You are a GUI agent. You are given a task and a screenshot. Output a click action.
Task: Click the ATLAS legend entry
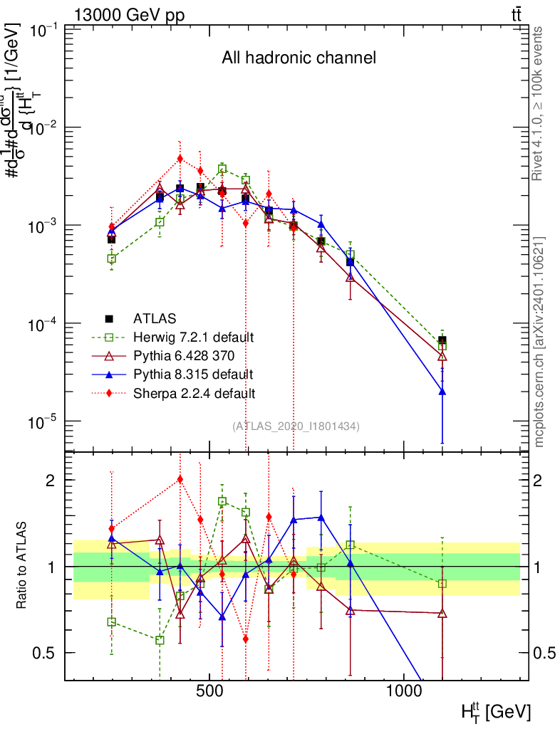click(153, 318)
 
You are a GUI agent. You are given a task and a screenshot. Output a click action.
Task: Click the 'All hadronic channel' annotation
click(299, 58)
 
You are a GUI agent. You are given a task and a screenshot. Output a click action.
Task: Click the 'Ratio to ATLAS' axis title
click(23, 566)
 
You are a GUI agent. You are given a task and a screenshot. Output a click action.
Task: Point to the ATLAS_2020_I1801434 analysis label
click(296, 426)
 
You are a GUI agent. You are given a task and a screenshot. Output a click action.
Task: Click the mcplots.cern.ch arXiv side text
click(539, 340)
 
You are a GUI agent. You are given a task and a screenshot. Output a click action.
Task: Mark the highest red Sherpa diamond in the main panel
click(180, 159)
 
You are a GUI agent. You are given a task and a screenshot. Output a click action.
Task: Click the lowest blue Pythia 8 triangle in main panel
click(442, 391)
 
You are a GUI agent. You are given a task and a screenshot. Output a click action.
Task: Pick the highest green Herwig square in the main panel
click(222, 169)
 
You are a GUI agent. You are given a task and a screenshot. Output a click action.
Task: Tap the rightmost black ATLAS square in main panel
click(442, 340)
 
